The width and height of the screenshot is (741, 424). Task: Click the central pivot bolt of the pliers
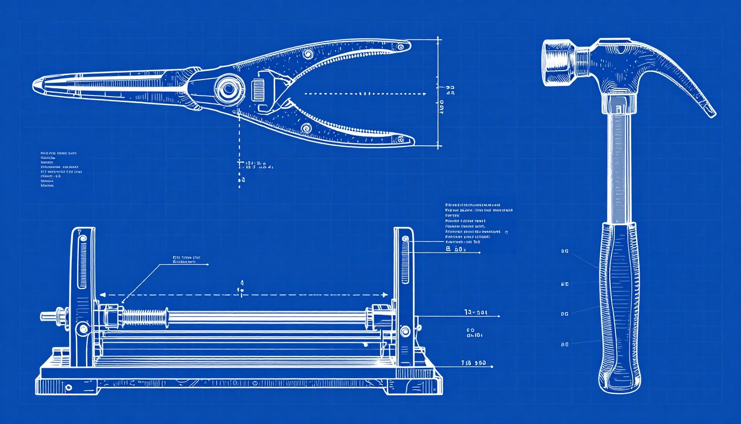[x=229, y=88]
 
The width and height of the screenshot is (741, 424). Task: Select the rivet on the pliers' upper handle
[x=308, y=54]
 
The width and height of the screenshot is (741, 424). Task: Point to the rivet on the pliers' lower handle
[x=307, y=128]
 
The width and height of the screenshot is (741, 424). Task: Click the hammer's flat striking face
[x=546, y=62]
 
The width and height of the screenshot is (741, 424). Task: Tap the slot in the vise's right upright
[x=405, y=259]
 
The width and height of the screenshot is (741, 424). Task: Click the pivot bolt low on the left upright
[x=83, y=329]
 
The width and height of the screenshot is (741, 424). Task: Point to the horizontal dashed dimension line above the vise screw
[x=243, y=295]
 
